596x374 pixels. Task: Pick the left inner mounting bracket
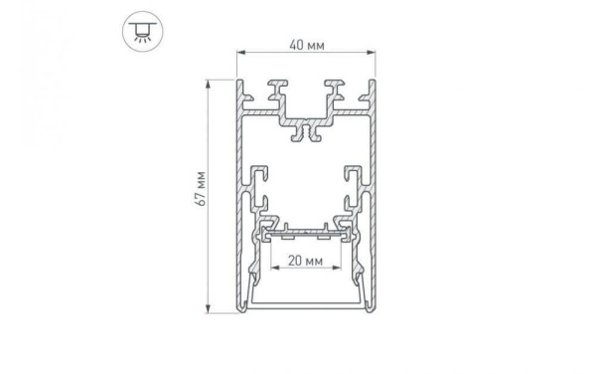(261, 189)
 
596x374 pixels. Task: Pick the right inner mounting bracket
(354, 189)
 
